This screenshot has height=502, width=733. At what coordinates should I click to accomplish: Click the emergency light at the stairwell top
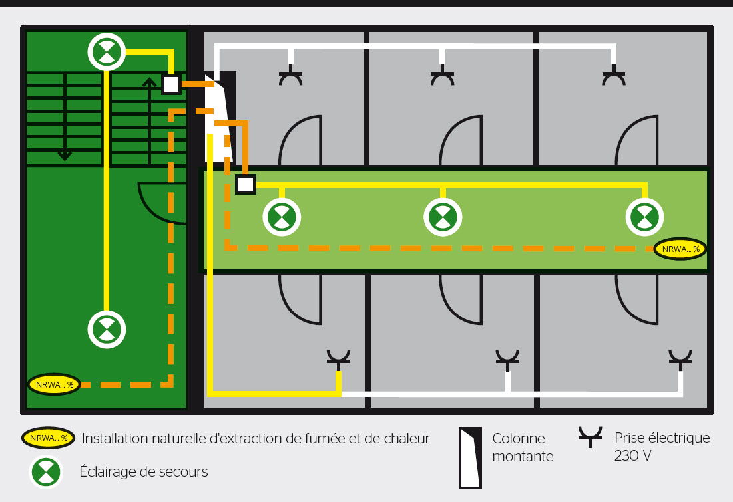pos(107,51)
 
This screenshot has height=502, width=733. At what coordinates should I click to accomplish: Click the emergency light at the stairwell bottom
pos(107,328)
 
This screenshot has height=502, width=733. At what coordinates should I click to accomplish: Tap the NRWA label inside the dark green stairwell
pos(54,384)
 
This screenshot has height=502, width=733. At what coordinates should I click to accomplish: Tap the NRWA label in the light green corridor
pos(680,249)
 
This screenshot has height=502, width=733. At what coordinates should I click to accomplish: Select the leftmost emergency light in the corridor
pos(282,217)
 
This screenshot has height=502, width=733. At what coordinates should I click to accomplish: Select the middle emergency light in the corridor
pos(443,217)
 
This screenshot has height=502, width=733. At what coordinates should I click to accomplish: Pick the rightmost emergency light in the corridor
pos(644,217)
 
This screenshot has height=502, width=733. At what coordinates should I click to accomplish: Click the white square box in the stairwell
pos(171,84)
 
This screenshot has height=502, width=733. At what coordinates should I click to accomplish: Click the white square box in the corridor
pos(246,184)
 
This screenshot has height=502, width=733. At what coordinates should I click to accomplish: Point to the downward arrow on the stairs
pos(65,154)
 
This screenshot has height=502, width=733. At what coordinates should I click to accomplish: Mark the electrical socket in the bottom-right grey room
pos(680,360)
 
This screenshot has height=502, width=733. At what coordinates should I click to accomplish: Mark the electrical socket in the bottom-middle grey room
pos(507,360)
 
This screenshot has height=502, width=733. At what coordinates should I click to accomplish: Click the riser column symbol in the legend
pos(469,457)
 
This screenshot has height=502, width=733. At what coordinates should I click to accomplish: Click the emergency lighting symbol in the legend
pos(46,472)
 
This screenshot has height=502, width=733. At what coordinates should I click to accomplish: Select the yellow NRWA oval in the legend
pos(48,438)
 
